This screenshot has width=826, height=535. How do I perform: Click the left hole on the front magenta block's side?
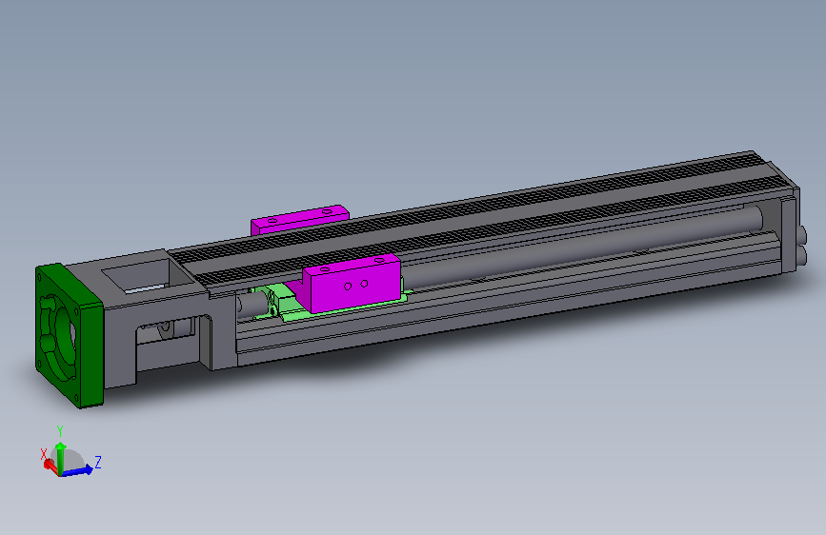pos(349,285)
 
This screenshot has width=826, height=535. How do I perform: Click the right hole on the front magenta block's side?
pos(364,283)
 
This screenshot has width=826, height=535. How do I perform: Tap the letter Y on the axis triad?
pos(60,429)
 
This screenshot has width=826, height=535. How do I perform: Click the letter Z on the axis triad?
pos(98,462)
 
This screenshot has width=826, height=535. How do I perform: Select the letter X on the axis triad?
pos(43,454)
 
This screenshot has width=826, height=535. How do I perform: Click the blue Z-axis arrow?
pos(80,468)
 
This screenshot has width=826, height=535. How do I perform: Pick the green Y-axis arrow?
pos(61,452)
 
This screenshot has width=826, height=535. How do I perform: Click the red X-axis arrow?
pos(50,464)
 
